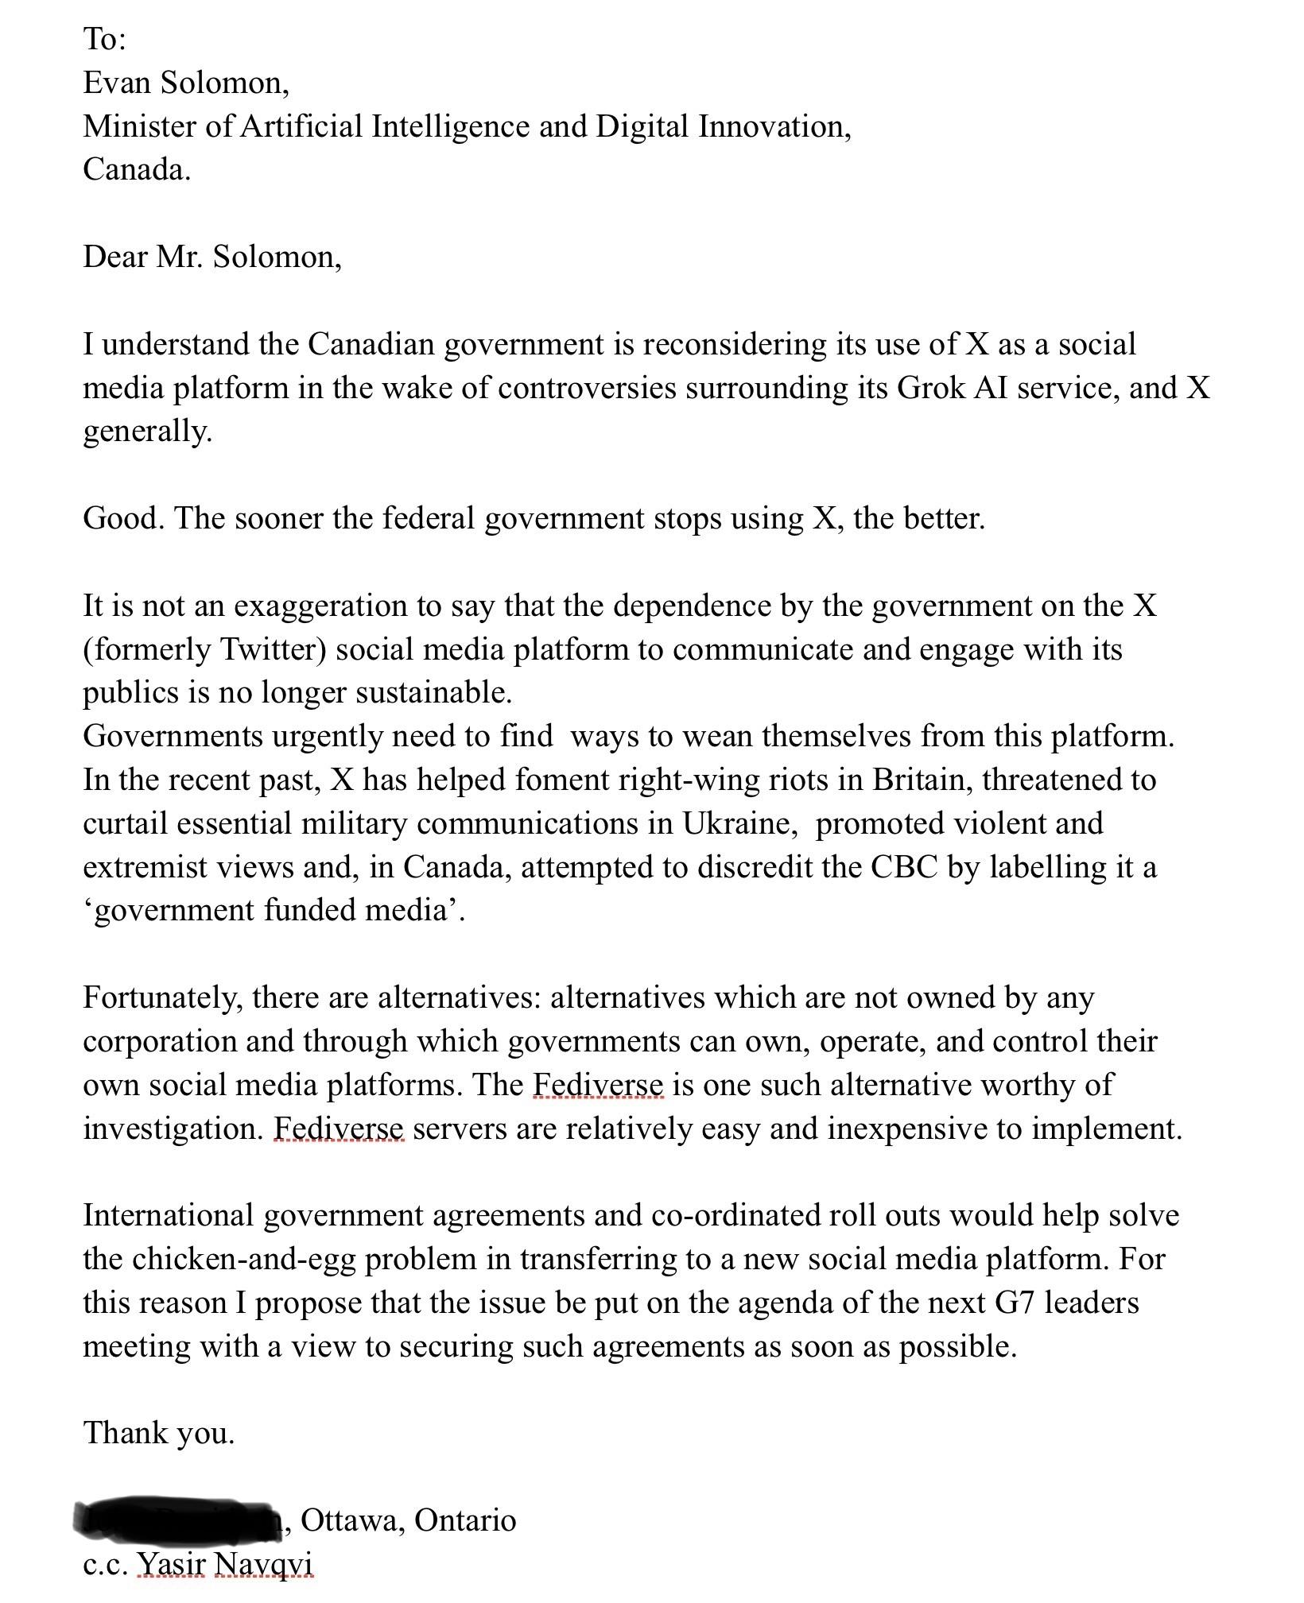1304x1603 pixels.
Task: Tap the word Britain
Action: (923, 780)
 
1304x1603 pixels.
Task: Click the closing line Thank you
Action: (159, 1433)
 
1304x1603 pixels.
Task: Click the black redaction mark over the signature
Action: (178, 1518)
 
